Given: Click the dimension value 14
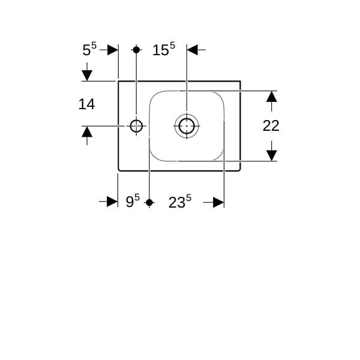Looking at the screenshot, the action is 86,104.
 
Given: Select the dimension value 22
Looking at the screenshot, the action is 271,125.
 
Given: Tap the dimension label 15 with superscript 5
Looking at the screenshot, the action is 164,49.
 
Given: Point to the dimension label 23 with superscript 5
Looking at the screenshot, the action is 180,202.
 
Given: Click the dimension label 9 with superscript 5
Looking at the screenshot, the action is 133,200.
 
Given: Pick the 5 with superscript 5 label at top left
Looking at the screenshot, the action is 89,49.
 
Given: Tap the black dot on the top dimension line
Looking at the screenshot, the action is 136,50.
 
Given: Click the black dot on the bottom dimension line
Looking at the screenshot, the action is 149,203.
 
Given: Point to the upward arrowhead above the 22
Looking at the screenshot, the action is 272,97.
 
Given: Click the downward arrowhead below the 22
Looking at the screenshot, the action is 272,155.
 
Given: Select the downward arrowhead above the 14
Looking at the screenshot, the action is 87,76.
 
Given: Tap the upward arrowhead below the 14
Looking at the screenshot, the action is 87,132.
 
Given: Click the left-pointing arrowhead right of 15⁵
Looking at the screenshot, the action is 193,50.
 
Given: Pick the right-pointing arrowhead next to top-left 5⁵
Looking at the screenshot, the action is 113,50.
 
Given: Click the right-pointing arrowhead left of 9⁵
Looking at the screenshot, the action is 112,202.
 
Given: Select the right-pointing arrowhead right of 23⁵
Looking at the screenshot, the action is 218,202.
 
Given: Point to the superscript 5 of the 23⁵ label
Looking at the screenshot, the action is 188,197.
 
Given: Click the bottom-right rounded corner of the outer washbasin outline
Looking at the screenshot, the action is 239,170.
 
